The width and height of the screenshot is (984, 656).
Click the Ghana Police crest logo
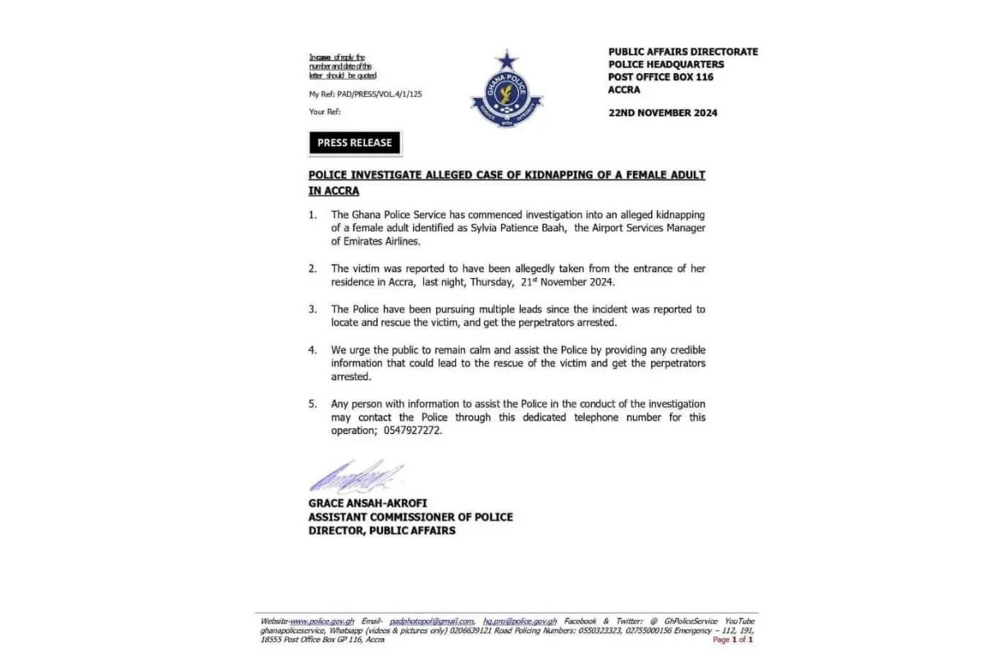(x=507, y=91)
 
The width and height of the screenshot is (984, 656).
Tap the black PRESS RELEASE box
(x=355, y=143)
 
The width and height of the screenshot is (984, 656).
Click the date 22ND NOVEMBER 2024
(x=663, y=113)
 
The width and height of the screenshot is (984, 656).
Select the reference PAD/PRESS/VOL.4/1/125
(x=378, y=94)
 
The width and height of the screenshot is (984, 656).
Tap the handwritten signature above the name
(x=355, y=475)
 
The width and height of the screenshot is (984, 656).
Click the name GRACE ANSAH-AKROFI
(x=368, y=503)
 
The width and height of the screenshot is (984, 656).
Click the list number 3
(x=312, y=309)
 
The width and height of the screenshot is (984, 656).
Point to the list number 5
(x=312, y=403)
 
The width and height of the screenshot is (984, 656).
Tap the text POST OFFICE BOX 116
(x=661, y=77)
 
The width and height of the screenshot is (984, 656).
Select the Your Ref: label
(x=325, y=112)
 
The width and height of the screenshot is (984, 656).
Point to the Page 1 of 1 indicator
(x=733, y=640)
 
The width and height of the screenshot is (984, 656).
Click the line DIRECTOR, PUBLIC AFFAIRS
(x=381, y=531)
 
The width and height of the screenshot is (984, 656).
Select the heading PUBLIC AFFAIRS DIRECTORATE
(x=683, y=52)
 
